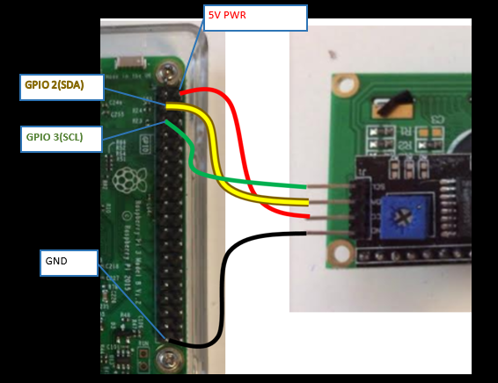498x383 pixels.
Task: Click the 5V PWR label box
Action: pos(255,18)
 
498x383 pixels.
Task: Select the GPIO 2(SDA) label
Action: pos(62,86)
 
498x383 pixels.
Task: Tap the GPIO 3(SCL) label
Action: pos(62,138)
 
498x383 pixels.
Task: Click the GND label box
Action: pos(69,263)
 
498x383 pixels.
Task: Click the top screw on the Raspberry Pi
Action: pos(166,69)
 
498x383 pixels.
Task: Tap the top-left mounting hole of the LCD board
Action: pos(345,85)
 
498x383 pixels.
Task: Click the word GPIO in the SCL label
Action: pos(38,138)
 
